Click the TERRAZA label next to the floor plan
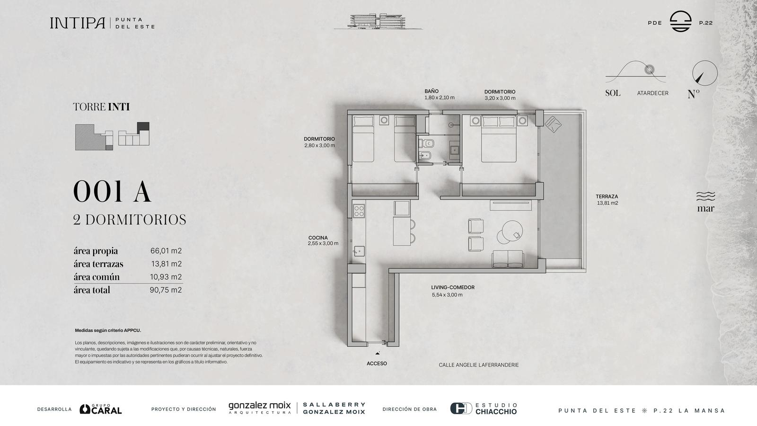coord(607,196)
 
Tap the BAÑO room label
coord(431,91)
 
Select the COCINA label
coord(317,238)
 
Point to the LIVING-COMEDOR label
coord(452,287)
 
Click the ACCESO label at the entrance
coord(377,364)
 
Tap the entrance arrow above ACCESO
coord(378,353)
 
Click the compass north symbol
coord(704,73)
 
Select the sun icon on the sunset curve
coord(649,70)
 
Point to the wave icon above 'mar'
coord(705,196)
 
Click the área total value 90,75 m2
coord(166,290)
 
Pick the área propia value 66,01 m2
coord(166,251)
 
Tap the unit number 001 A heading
coord(112,192)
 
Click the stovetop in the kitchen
coord(359,211)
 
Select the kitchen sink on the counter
coord(359,251)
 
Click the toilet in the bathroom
coord(426,144)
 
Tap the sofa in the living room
coord(508,259)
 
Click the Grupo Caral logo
coord(101,409)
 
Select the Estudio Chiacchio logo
coord(484,409)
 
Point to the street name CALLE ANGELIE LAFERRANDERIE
coord(478,365)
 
